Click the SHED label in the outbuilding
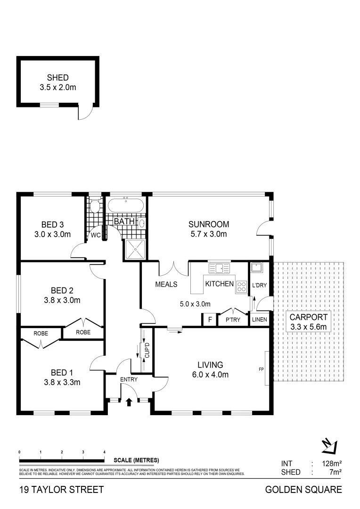point(58,78)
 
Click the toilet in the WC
point(95,206)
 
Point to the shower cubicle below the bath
point(135,249)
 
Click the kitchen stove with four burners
point(242,286)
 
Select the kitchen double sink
point(219,268)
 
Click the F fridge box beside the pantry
point(209,320)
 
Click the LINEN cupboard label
point(260,320)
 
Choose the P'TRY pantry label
point(232,320)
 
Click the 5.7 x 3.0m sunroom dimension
point(209,234)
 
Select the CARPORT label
point(309,317)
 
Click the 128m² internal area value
point(332,464)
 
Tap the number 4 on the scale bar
point(104,452)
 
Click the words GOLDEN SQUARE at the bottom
point(304,490)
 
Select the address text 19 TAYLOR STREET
point(61,490)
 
